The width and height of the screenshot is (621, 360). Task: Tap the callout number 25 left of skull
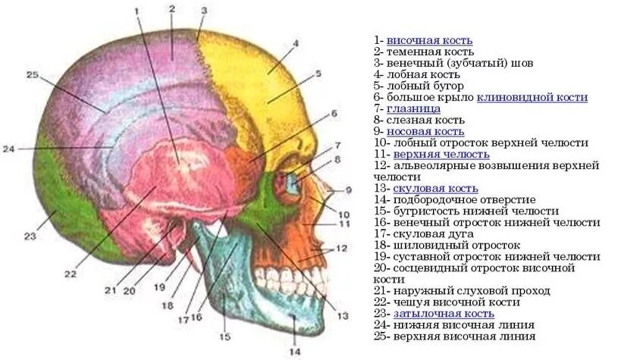click(x=31, y=74)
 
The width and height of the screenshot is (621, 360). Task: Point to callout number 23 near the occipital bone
click(x=30, y=236)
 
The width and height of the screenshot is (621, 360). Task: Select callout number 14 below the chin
click(x=295, y=351)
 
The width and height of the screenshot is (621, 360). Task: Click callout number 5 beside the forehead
click(x=319, y=74)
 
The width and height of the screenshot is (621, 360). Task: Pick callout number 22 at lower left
click(x=71, y=274)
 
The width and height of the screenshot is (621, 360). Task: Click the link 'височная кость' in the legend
click(x=429, y=39)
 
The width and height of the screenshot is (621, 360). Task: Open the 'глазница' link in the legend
click(x=419, y=108)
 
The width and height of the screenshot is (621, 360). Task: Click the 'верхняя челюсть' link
click(x=436, y=153)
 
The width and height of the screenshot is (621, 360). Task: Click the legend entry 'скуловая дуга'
click(x=430, y=233)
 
